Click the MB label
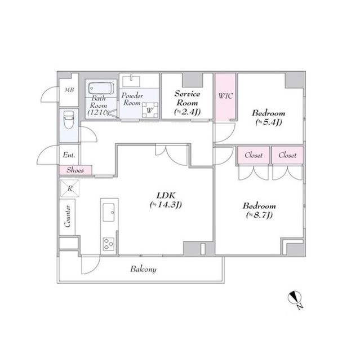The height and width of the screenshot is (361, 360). coord(69,89)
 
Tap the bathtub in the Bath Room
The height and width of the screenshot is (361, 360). coord(100,88)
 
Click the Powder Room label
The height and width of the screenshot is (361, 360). coord(131,99)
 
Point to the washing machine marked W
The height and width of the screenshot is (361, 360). coord(149,110)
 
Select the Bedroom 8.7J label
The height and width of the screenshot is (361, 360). coord(259,210)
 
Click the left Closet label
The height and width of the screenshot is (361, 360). coord(254,155)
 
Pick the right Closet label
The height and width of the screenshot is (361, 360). coord(287,155)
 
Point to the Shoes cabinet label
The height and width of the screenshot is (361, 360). coord(75,170)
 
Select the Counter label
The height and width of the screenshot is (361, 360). coord(67,216)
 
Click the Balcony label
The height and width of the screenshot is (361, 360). coord(143,269)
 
